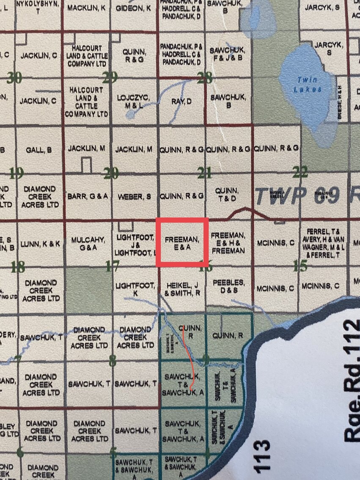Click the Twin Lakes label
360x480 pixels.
pyautogui.click(x=308, y=84)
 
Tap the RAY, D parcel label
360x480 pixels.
pyautogui.click(x=181, y=101)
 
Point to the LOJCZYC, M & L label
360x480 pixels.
pyautogui.click(x=135, y=102)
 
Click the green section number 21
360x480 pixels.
pyautogui.click(x=205, y=172)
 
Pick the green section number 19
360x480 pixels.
pyautogui.click(x=16, y=173)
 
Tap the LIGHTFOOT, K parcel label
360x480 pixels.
pyautogui.click(x=135, y=289)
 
